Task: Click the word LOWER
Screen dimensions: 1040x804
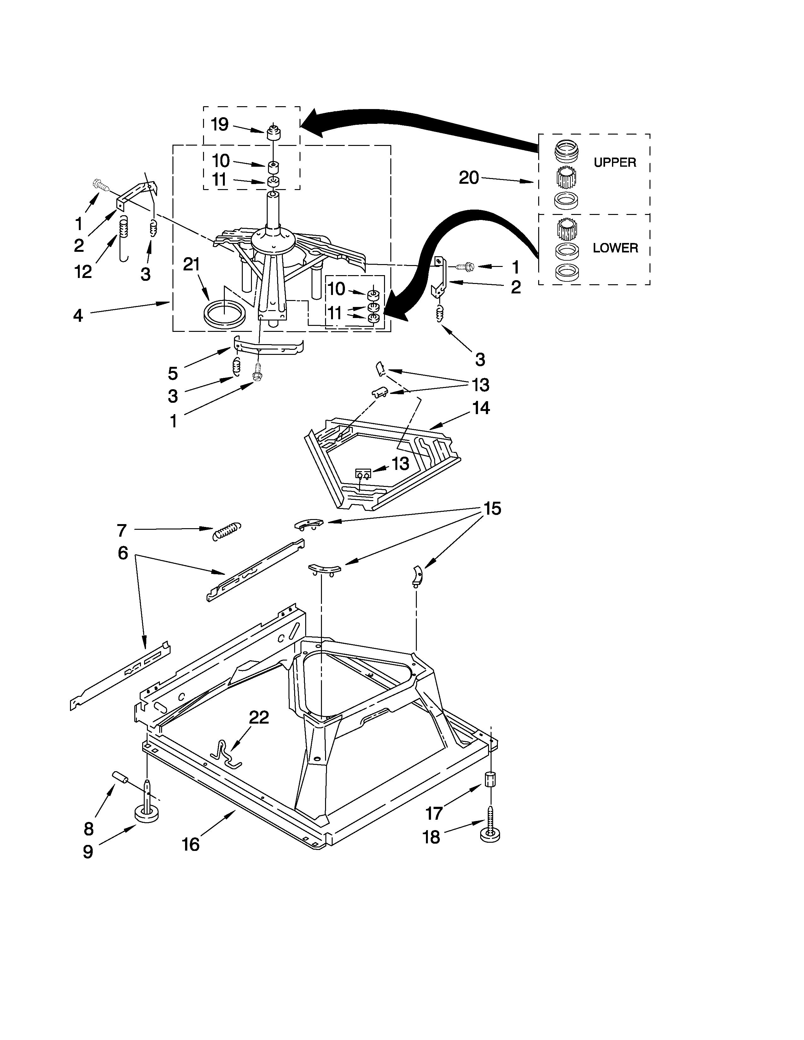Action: coord(615,248)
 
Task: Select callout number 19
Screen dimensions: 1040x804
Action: coord(219,124)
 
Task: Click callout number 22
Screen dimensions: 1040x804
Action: coord(259,717)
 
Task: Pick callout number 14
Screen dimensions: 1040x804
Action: coord(481,408)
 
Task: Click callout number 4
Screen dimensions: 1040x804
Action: coord(78,315)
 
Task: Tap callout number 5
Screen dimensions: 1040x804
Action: coord(172,373)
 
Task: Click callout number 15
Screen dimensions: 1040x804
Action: coord(492,509)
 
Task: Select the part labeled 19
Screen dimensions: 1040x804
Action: coord(273,133)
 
